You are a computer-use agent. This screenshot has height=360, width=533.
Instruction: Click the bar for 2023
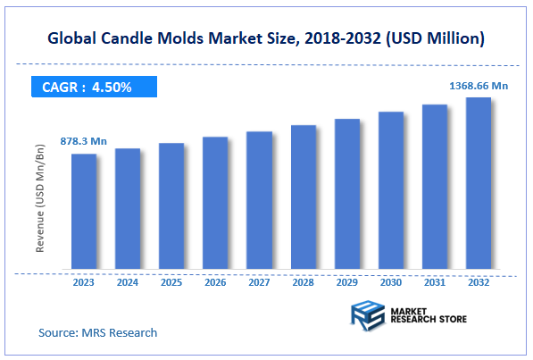(84, 211)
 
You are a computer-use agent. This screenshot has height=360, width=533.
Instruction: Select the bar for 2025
(171, 205)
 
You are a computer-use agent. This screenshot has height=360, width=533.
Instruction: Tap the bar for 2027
(259, 199)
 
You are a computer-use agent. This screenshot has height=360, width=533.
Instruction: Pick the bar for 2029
(346, 193)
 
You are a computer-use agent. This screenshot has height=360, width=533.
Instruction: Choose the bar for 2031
(434, 186)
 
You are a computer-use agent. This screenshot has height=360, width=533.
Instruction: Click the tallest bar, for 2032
(478, 182)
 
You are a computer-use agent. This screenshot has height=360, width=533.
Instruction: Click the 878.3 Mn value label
(83, 141)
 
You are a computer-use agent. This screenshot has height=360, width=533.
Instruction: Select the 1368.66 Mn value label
(478, 85)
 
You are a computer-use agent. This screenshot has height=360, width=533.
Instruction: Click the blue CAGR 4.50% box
(91, 87)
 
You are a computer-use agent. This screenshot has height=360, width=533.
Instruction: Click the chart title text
(266, 38)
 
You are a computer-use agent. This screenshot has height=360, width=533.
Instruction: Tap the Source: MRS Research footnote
(97, 332)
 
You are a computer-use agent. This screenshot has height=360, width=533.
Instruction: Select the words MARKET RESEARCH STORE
(424, 315)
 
